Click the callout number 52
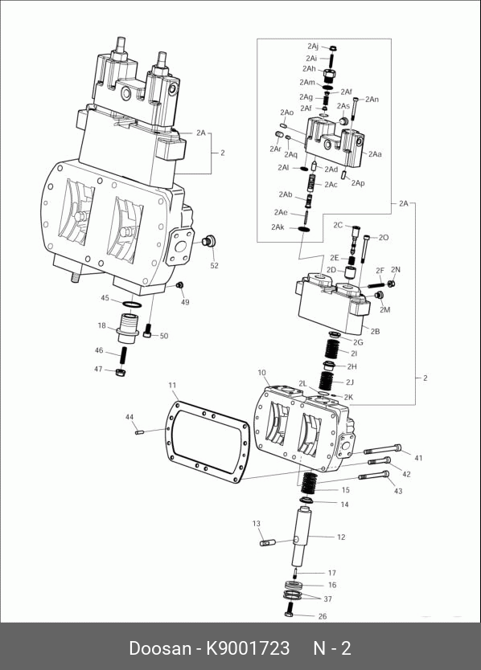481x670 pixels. (215, 265)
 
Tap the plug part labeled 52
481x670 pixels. (208, 241)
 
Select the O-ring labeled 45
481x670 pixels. (131, 304)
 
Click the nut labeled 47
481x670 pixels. (121, 372)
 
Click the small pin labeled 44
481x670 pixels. (138, 432)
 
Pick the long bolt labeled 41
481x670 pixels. (383, 449)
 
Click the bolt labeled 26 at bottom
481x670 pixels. (289, 608)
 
